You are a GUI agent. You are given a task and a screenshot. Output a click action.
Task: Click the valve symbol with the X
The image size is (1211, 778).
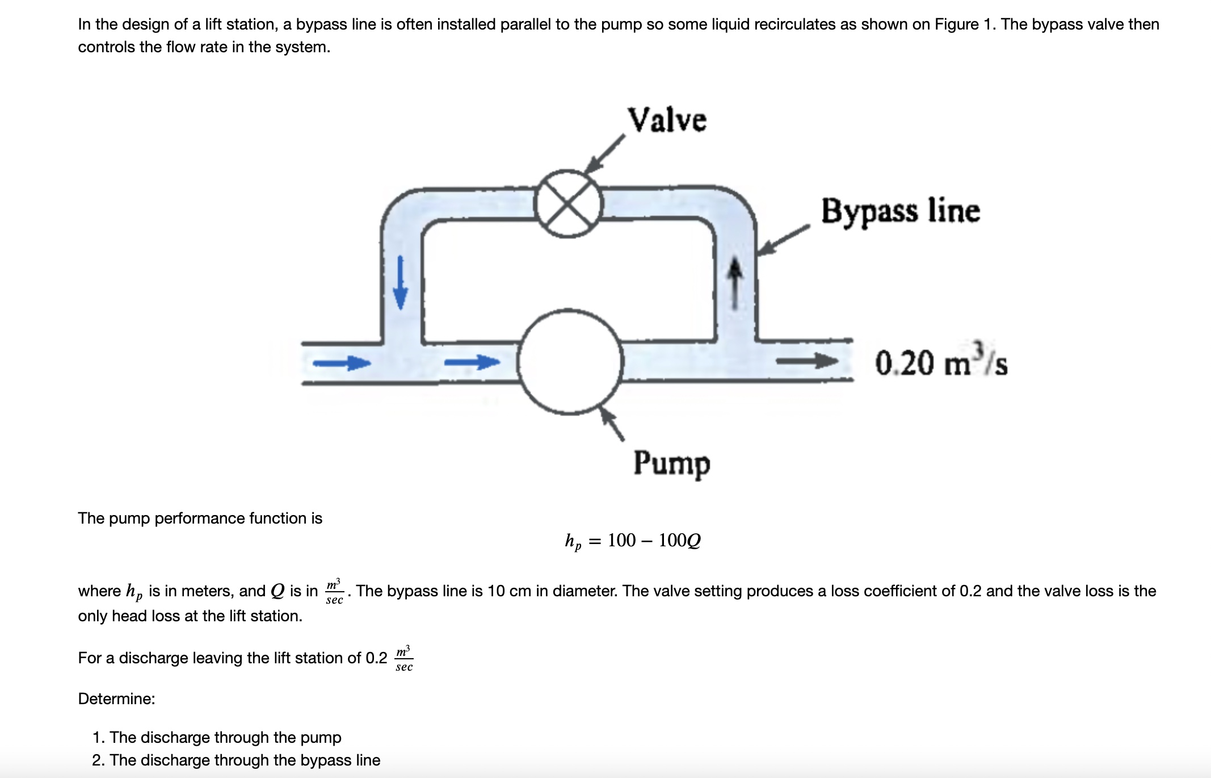(568, 203)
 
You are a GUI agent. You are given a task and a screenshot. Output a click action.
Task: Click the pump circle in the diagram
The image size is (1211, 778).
(571, 362)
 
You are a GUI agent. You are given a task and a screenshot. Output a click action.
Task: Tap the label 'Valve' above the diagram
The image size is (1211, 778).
(667, 120)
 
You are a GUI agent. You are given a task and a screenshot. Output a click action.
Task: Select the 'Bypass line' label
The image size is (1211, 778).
(900, 211)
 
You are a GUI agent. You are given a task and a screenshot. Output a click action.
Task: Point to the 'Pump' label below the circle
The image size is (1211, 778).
(671, 464)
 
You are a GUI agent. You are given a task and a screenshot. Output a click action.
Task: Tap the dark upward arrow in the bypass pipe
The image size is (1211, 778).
(735, 283)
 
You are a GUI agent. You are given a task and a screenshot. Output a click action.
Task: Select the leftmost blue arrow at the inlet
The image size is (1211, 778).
(342, 362)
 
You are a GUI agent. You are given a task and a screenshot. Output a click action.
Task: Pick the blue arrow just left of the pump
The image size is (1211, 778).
(472, 361)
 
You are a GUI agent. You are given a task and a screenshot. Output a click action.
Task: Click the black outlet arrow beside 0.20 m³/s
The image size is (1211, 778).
(806, 361)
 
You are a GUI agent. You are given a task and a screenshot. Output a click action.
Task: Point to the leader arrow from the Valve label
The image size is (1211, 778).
(604, 154)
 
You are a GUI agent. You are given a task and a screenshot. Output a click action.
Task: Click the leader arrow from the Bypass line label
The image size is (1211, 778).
(783, 240)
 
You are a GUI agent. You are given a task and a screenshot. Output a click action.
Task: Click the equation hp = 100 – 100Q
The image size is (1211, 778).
(633, 541)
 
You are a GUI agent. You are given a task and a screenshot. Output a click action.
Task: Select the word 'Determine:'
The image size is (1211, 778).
(116, 698)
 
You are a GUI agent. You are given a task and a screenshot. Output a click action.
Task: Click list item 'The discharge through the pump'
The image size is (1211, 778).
(225, 737)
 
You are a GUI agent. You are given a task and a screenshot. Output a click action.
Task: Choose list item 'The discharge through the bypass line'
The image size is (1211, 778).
(245, 760)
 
